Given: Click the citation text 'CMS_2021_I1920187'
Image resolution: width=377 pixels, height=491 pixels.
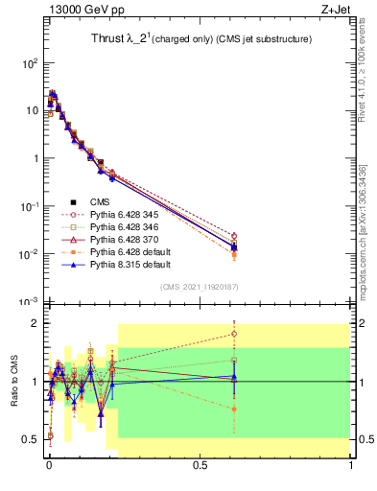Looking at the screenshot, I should [x=200, y=286].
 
